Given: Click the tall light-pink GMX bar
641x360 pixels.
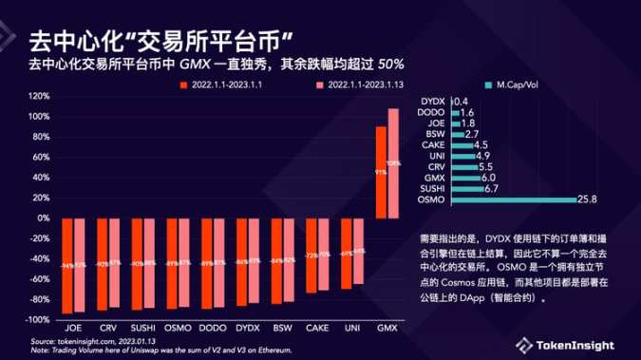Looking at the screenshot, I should pyautogui.click(x=393, y=162).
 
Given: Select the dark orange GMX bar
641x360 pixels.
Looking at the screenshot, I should pyautogui.click(x=381, y=172).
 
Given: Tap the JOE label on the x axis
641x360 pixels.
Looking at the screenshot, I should pyautogui.click(x=73, y=326).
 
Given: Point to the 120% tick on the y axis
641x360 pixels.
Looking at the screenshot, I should pyautogui.click(x=39, y=96).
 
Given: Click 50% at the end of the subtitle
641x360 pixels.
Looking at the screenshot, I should pyautogui.click(x=390, y=65).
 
